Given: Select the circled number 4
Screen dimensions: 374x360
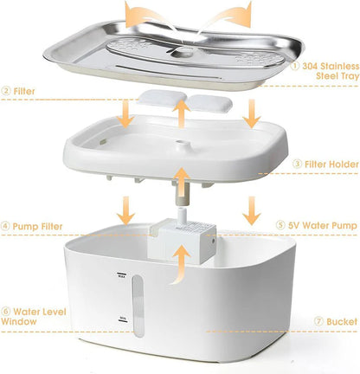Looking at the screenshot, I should (6, 228).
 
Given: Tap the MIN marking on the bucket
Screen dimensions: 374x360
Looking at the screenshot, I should (120, 321).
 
